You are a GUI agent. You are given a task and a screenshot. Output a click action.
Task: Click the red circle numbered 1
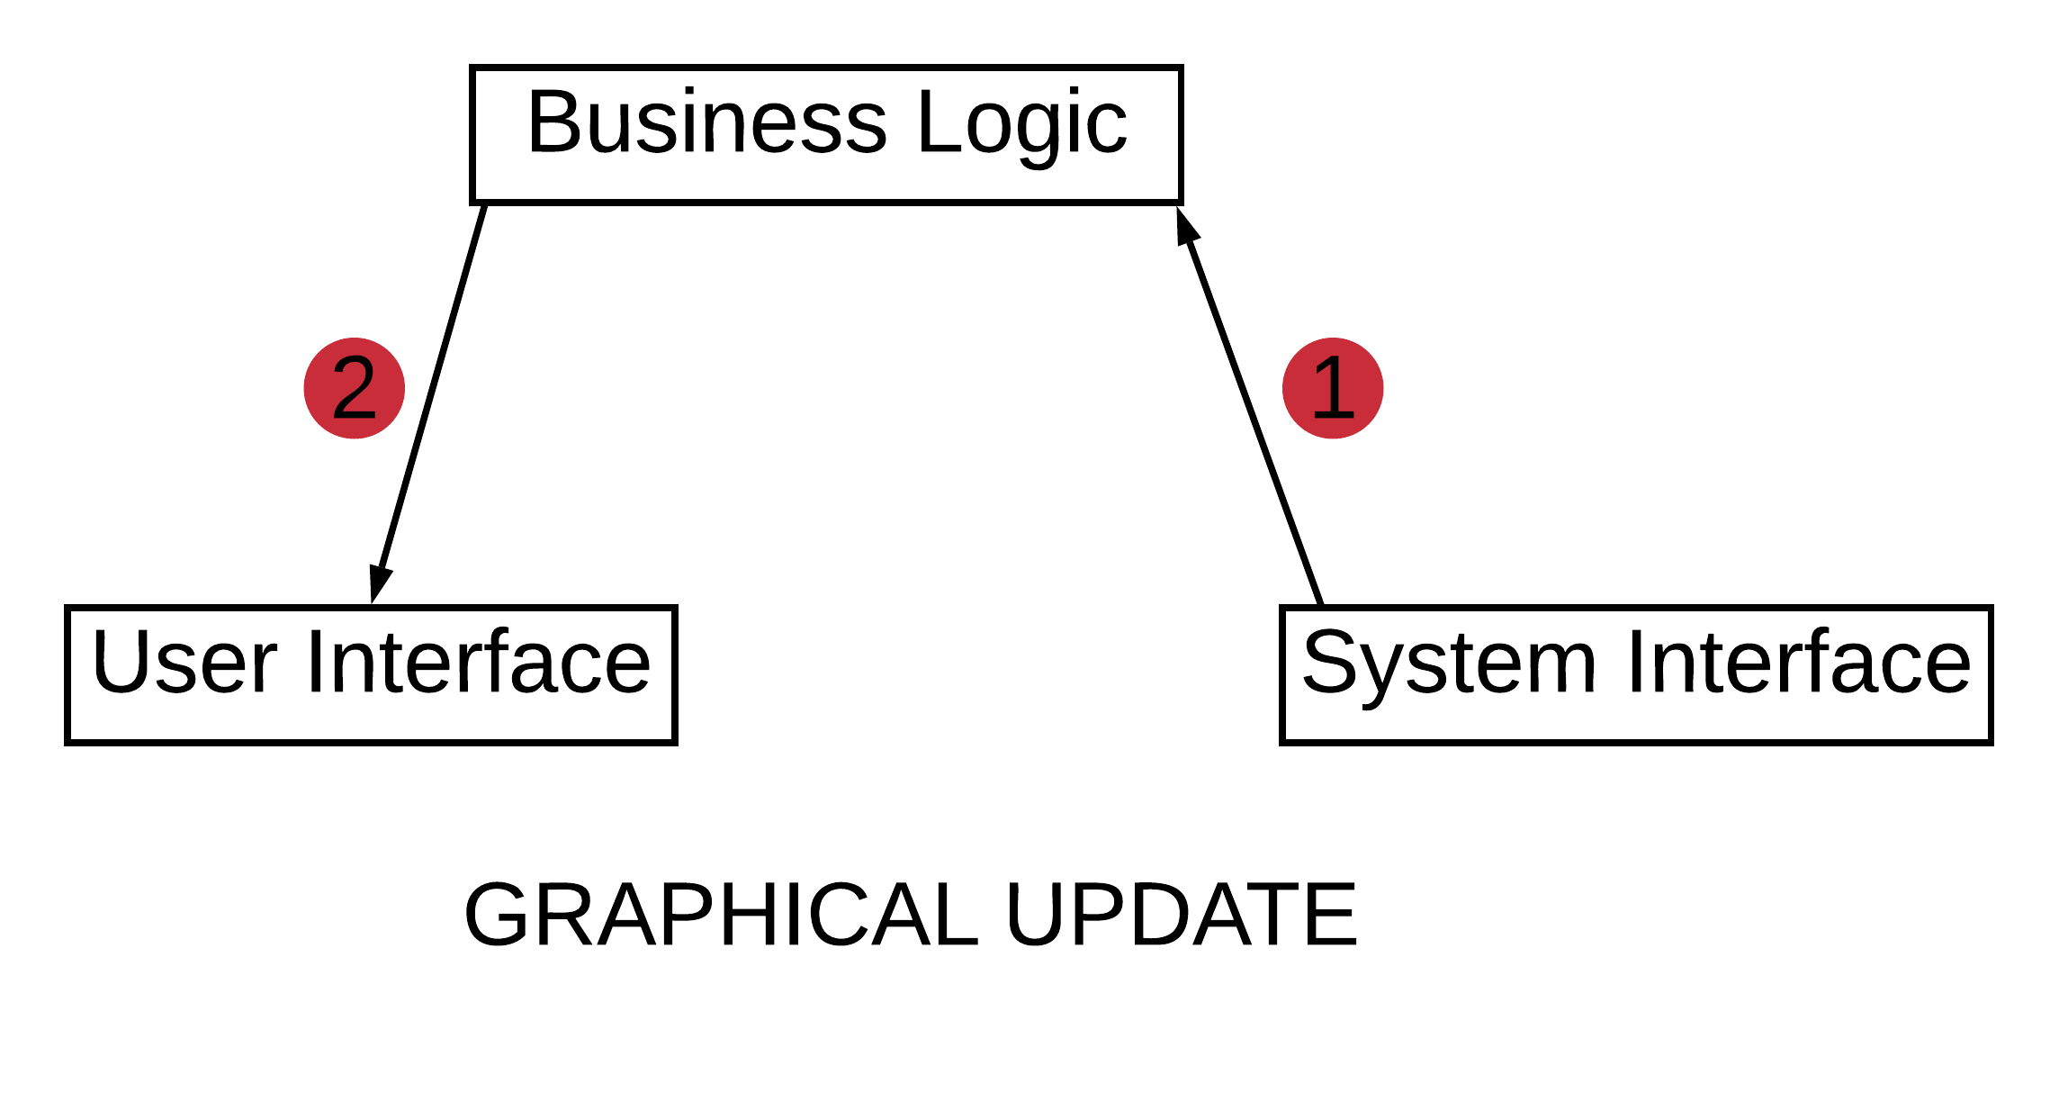pyautogui.click(x=1332, y=388)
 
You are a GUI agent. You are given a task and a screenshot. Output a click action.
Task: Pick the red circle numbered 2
pyautogui.click(x=354, y=388)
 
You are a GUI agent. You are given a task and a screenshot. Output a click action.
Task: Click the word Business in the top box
pyautogui.click(x=707, y=123)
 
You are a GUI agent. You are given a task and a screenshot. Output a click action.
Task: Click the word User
pyautogui.click(x=184, y=664)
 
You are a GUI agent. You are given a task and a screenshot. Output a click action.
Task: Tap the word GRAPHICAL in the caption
pyautogui.click(x=721, y=916)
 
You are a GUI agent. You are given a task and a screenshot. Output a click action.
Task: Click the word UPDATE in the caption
pyautogui.click(x=1181, y=916)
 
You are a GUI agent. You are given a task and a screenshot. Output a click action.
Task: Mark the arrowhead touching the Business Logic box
pyautogui.click(x=1187, y=225)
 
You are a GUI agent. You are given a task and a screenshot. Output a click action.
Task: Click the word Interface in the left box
pyautogui.click(x=478, y=664)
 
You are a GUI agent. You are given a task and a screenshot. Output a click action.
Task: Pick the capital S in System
pyautogui.click(x=1331, y=664)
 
